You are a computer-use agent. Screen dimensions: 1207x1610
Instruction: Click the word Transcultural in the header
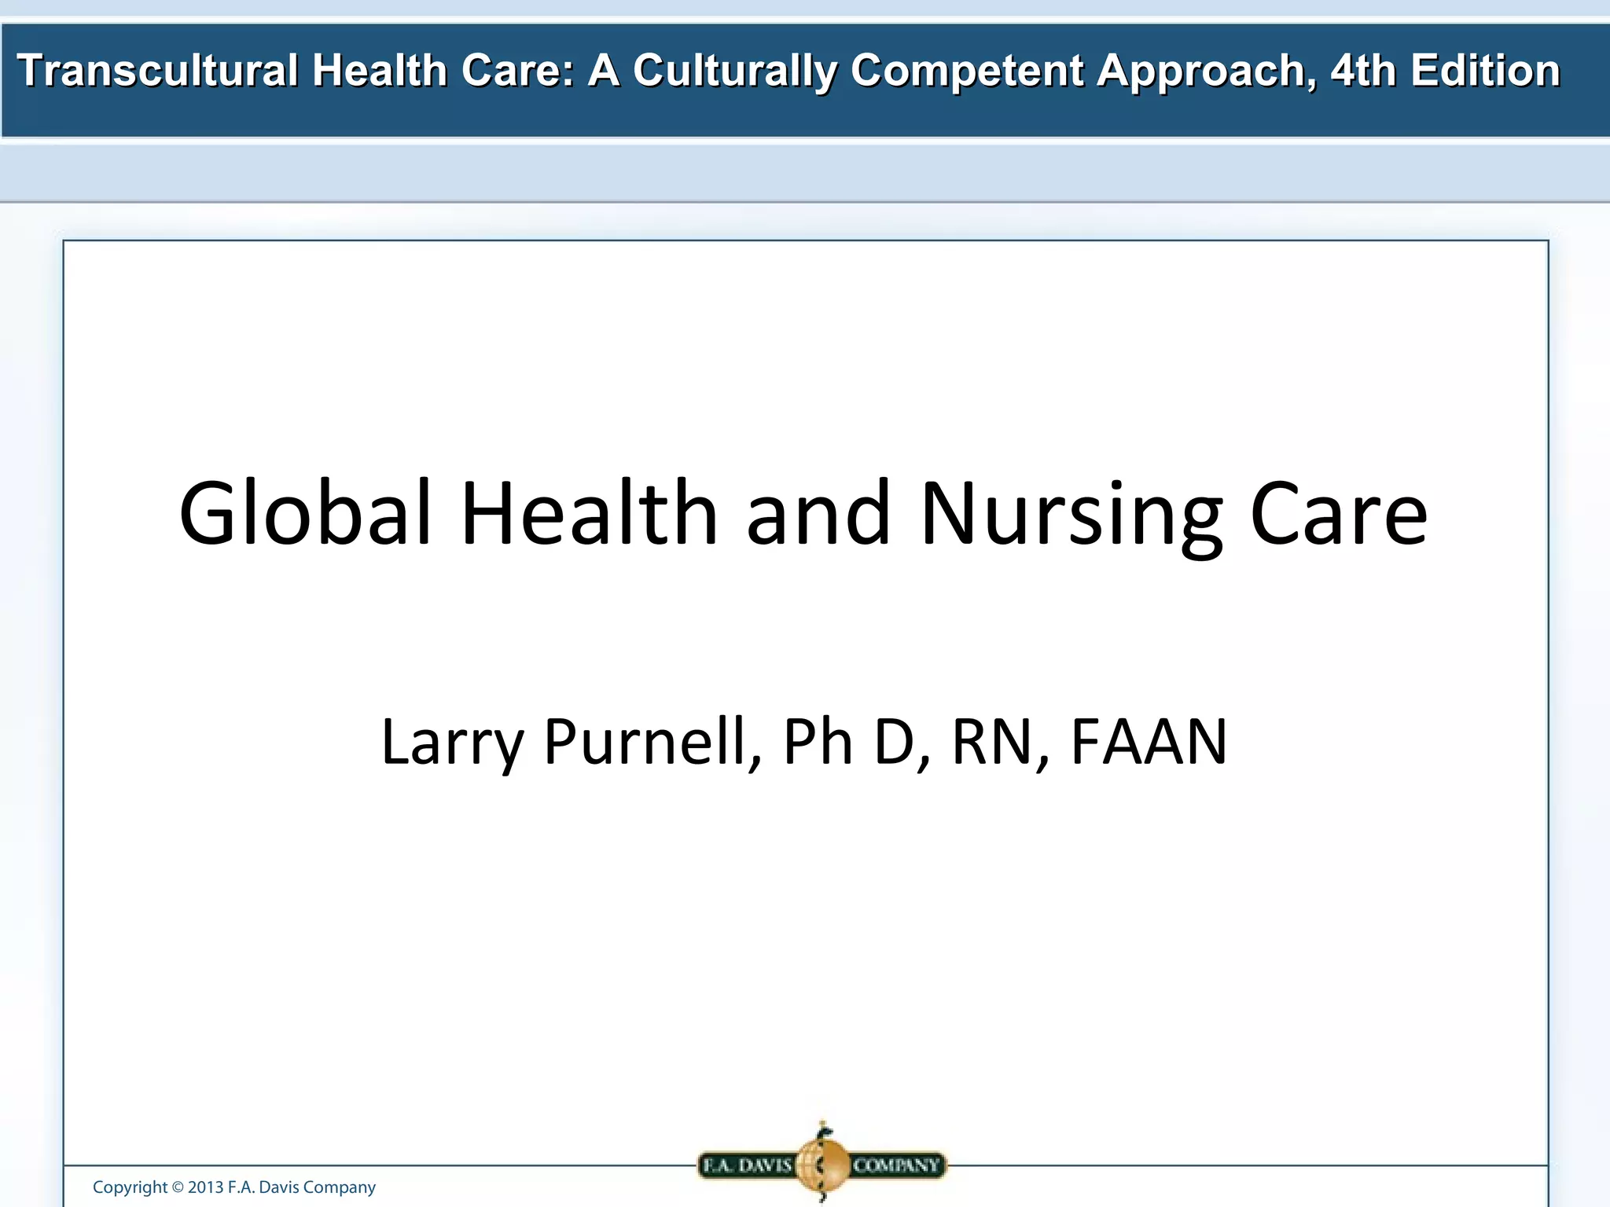click(x=157, y=71)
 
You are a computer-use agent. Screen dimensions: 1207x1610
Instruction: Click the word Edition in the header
click(x=1485, y=71)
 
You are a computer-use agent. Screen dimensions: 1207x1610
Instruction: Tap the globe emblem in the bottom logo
click(x=822, y=1164)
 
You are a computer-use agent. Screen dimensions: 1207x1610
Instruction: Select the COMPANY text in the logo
click(x=896, y=1165)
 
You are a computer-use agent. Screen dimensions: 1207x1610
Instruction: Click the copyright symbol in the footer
click(x=178, y=1187)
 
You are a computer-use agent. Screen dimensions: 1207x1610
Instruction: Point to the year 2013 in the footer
click(x=205, y=1187)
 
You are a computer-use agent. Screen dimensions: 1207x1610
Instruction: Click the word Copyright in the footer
click(x=130, y=1187)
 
